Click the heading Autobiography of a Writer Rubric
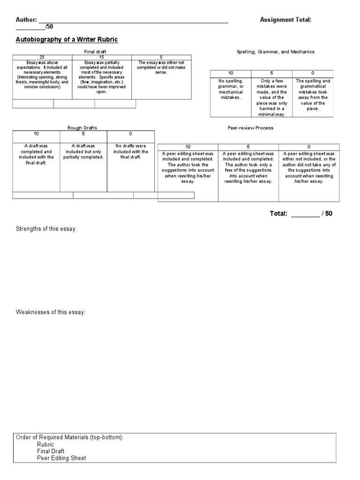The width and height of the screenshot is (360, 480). click(67, 40)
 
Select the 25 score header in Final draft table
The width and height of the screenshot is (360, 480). click(42, 57)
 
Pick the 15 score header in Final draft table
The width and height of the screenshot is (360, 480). click(102, 57)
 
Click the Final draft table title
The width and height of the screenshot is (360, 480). click(92, 52)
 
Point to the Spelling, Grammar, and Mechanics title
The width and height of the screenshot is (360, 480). click(276, 52)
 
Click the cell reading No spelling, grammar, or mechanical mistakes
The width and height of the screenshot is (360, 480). click(230, 89)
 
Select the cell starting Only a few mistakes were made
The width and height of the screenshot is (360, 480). click(272, 97)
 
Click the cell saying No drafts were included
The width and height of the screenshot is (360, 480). click(131, 151)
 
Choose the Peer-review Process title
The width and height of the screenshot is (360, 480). click(250, 127)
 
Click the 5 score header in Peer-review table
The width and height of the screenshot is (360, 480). click(248, 147)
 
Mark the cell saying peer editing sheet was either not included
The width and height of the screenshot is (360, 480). click(309, 167)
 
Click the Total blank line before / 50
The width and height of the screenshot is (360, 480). click(305, 215)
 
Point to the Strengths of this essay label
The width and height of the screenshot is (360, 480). click(46, 229)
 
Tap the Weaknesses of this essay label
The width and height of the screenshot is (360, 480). click(51, 312)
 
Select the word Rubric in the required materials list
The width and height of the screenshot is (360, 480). click(45, 444)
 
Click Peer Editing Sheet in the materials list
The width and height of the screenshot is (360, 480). click(61, 458)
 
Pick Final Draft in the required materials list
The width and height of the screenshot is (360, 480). click(51, 451)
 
